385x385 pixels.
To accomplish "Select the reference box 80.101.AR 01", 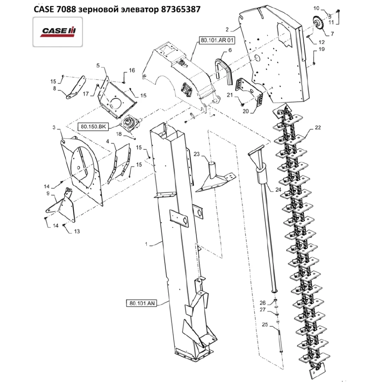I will [x=214, y=40].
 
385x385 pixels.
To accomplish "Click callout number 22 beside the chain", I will [x=317, y=127].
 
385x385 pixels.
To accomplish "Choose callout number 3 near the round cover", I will [x=54, y=127].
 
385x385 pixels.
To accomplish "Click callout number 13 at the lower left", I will [x=77, y=231].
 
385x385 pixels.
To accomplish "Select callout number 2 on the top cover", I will [x=227, y=29].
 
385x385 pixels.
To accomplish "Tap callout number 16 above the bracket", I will [x=132, y=70].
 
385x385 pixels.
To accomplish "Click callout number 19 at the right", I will [x=321, y=49].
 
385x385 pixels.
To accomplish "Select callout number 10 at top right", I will [x=316, y=8].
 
